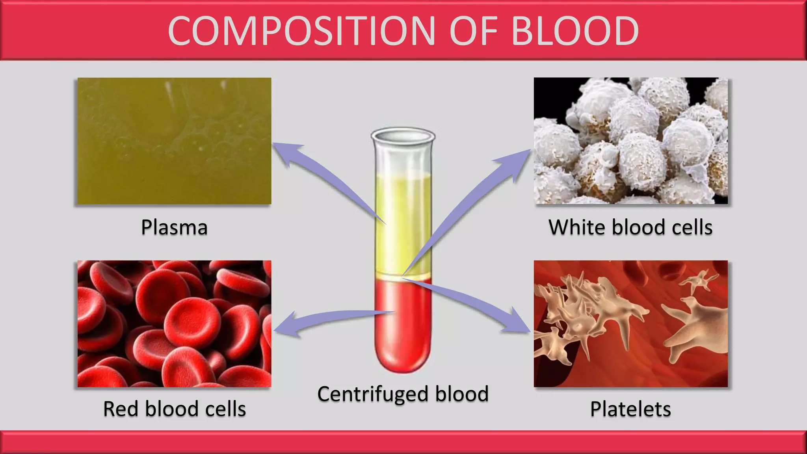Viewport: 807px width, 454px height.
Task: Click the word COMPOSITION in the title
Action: (301, 31)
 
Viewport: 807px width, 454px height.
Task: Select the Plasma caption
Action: (174, 227)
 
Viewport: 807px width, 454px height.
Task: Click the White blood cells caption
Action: (630, 227)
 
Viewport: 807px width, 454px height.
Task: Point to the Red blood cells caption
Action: (174, 409)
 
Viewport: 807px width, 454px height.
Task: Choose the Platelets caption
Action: (630, 409)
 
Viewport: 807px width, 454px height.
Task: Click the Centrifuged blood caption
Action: (403, 394)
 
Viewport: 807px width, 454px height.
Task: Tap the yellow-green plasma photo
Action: (174, 141)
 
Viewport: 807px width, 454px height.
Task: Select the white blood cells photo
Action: (630, 141)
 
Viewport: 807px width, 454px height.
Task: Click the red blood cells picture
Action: (174, 324)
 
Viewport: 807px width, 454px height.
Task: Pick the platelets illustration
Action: (630, 324)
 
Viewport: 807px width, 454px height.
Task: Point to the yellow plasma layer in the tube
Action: (403, 221)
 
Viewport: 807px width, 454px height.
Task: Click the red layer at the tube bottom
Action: (403, 335)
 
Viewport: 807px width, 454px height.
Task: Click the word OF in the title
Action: (472, 31)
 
